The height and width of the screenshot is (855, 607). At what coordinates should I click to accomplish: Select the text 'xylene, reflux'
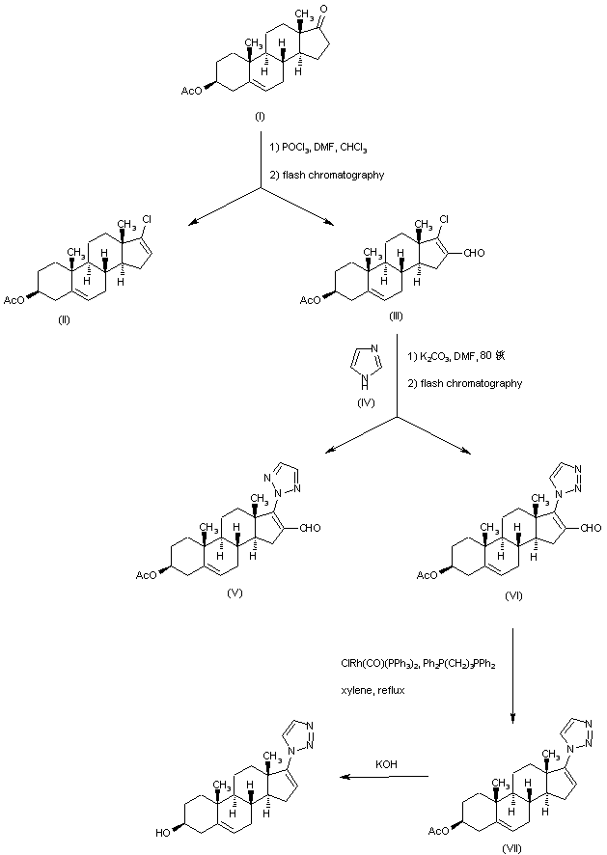click(x=367, y=691)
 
